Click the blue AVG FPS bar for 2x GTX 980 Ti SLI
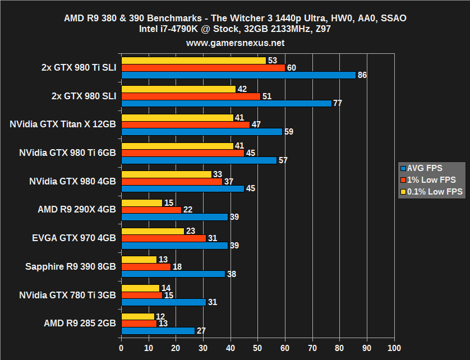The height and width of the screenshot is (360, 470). [238, 75]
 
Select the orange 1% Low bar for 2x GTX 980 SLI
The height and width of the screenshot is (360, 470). [191, 96]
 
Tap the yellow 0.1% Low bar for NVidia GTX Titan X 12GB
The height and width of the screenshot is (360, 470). [177, 118]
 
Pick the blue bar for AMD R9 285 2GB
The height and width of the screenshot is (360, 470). [158, 330]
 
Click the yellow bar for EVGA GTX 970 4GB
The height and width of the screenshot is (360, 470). [153, 231]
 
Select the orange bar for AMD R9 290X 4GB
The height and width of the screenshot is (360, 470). [151, 209]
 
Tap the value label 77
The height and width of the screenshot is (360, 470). [337, 103]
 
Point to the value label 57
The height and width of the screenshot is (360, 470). [283, 160]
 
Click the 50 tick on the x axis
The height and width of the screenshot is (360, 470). [257, 347]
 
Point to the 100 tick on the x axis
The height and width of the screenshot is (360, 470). [394, 347]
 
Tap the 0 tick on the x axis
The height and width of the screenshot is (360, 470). [121, 347]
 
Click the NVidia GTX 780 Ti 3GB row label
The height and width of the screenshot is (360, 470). [67, 295]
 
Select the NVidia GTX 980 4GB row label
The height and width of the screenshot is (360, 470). [72, 181]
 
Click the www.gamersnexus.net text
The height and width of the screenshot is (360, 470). [235, 43]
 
